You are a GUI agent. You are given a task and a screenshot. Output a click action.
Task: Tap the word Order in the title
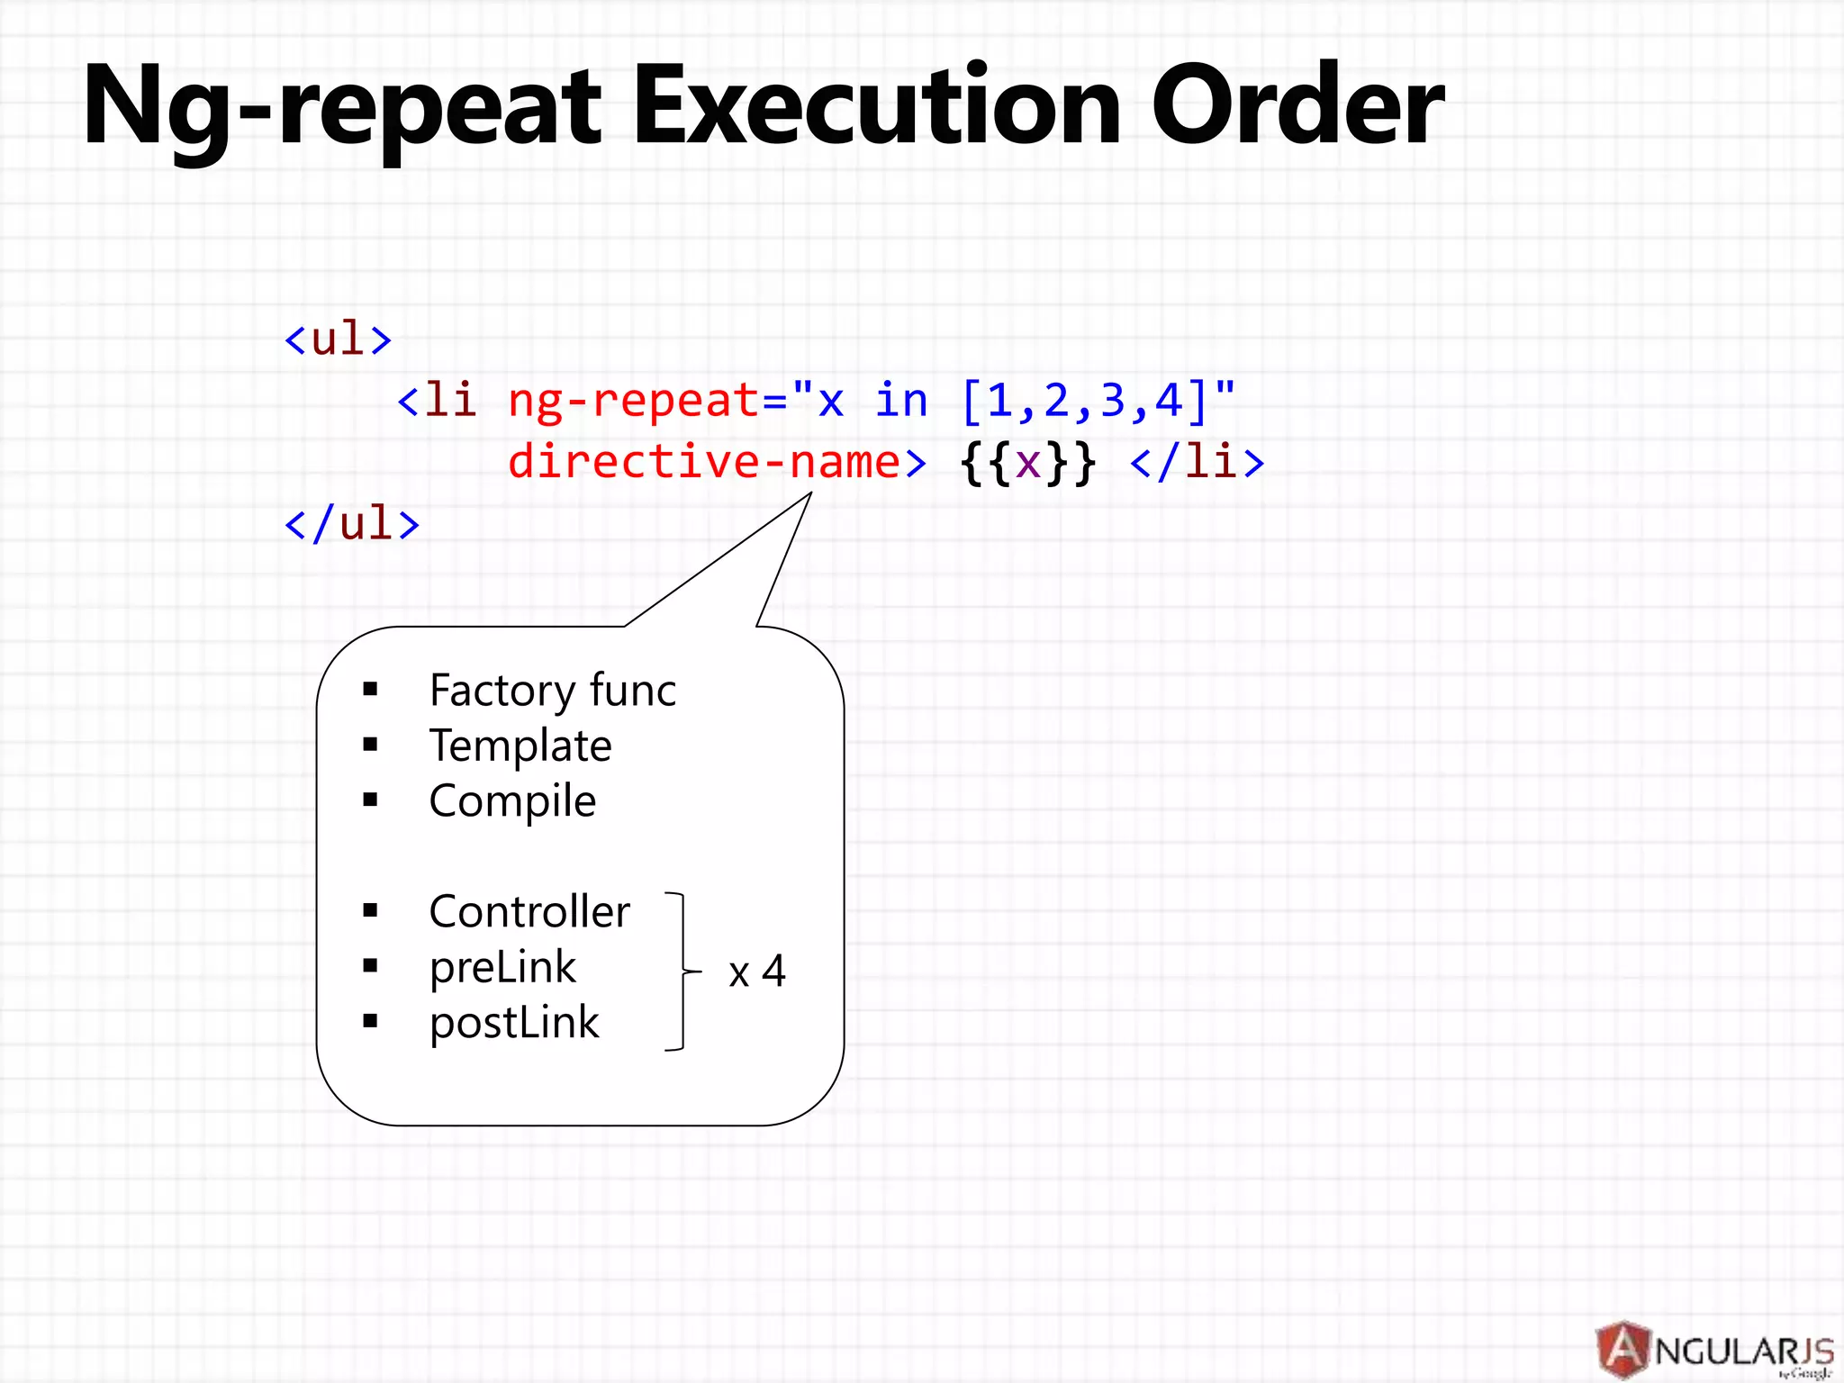click(1297, 106)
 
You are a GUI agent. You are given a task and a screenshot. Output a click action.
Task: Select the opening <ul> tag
click(338, 339)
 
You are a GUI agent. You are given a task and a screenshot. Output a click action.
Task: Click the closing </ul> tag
click(352, 524)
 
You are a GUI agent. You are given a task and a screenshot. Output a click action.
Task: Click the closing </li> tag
click(1198, 462)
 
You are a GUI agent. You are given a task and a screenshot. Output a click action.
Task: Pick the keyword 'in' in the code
click(900, 400)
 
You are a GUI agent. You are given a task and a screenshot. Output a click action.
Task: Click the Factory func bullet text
click(552, 691)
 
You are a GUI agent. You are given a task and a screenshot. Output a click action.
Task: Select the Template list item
click(520, 746)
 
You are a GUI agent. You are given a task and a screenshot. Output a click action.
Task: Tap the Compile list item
click(512, 800)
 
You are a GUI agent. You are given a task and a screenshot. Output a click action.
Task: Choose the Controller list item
click(529, 911)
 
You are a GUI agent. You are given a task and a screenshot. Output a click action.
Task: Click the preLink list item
click(502, 968)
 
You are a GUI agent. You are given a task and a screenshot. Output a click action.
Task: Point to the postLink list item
click(514, 1023)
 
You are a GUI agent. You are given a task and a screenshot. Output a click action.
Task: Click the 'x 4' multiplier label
click(757, 972)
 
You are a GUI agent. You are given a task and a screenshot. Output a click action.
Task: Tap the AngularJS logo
click(1715, 1350)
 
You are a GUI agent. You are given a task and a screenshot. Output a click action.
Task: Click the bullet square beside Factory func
click(370, 690)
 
